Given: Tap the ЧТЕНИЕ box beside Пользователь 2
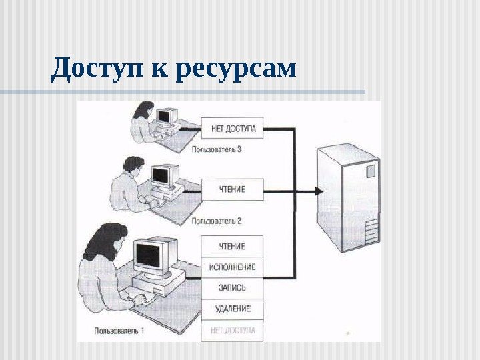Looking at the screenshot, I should [232, 189].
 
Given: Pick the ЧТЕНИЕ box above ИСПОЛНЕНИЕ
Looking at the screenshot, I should [232, 247].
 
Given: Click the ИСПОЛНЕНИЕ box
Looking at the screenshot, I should [232, 267].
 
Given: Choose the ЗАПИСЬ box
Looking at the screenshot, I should [232, 288].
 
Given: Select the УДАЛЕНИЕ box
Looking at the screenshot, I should [232, 309].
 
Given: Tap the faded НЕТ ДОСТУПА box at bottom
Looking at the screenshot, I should [232, 329].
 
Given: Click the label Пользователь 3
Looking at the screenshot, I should [216, 149].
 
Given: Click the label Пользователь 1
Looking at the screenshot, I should [119, 329].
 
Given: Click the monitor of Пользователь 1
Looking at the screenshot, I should [153, 255].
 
